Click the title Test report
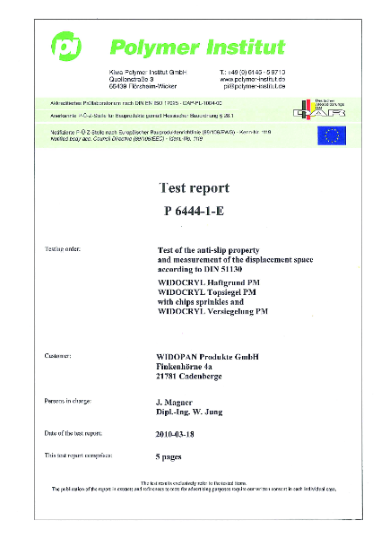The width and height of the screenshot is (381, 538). [193, 188]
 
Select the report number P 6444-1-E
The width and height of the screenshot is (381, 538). [194, 212]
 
